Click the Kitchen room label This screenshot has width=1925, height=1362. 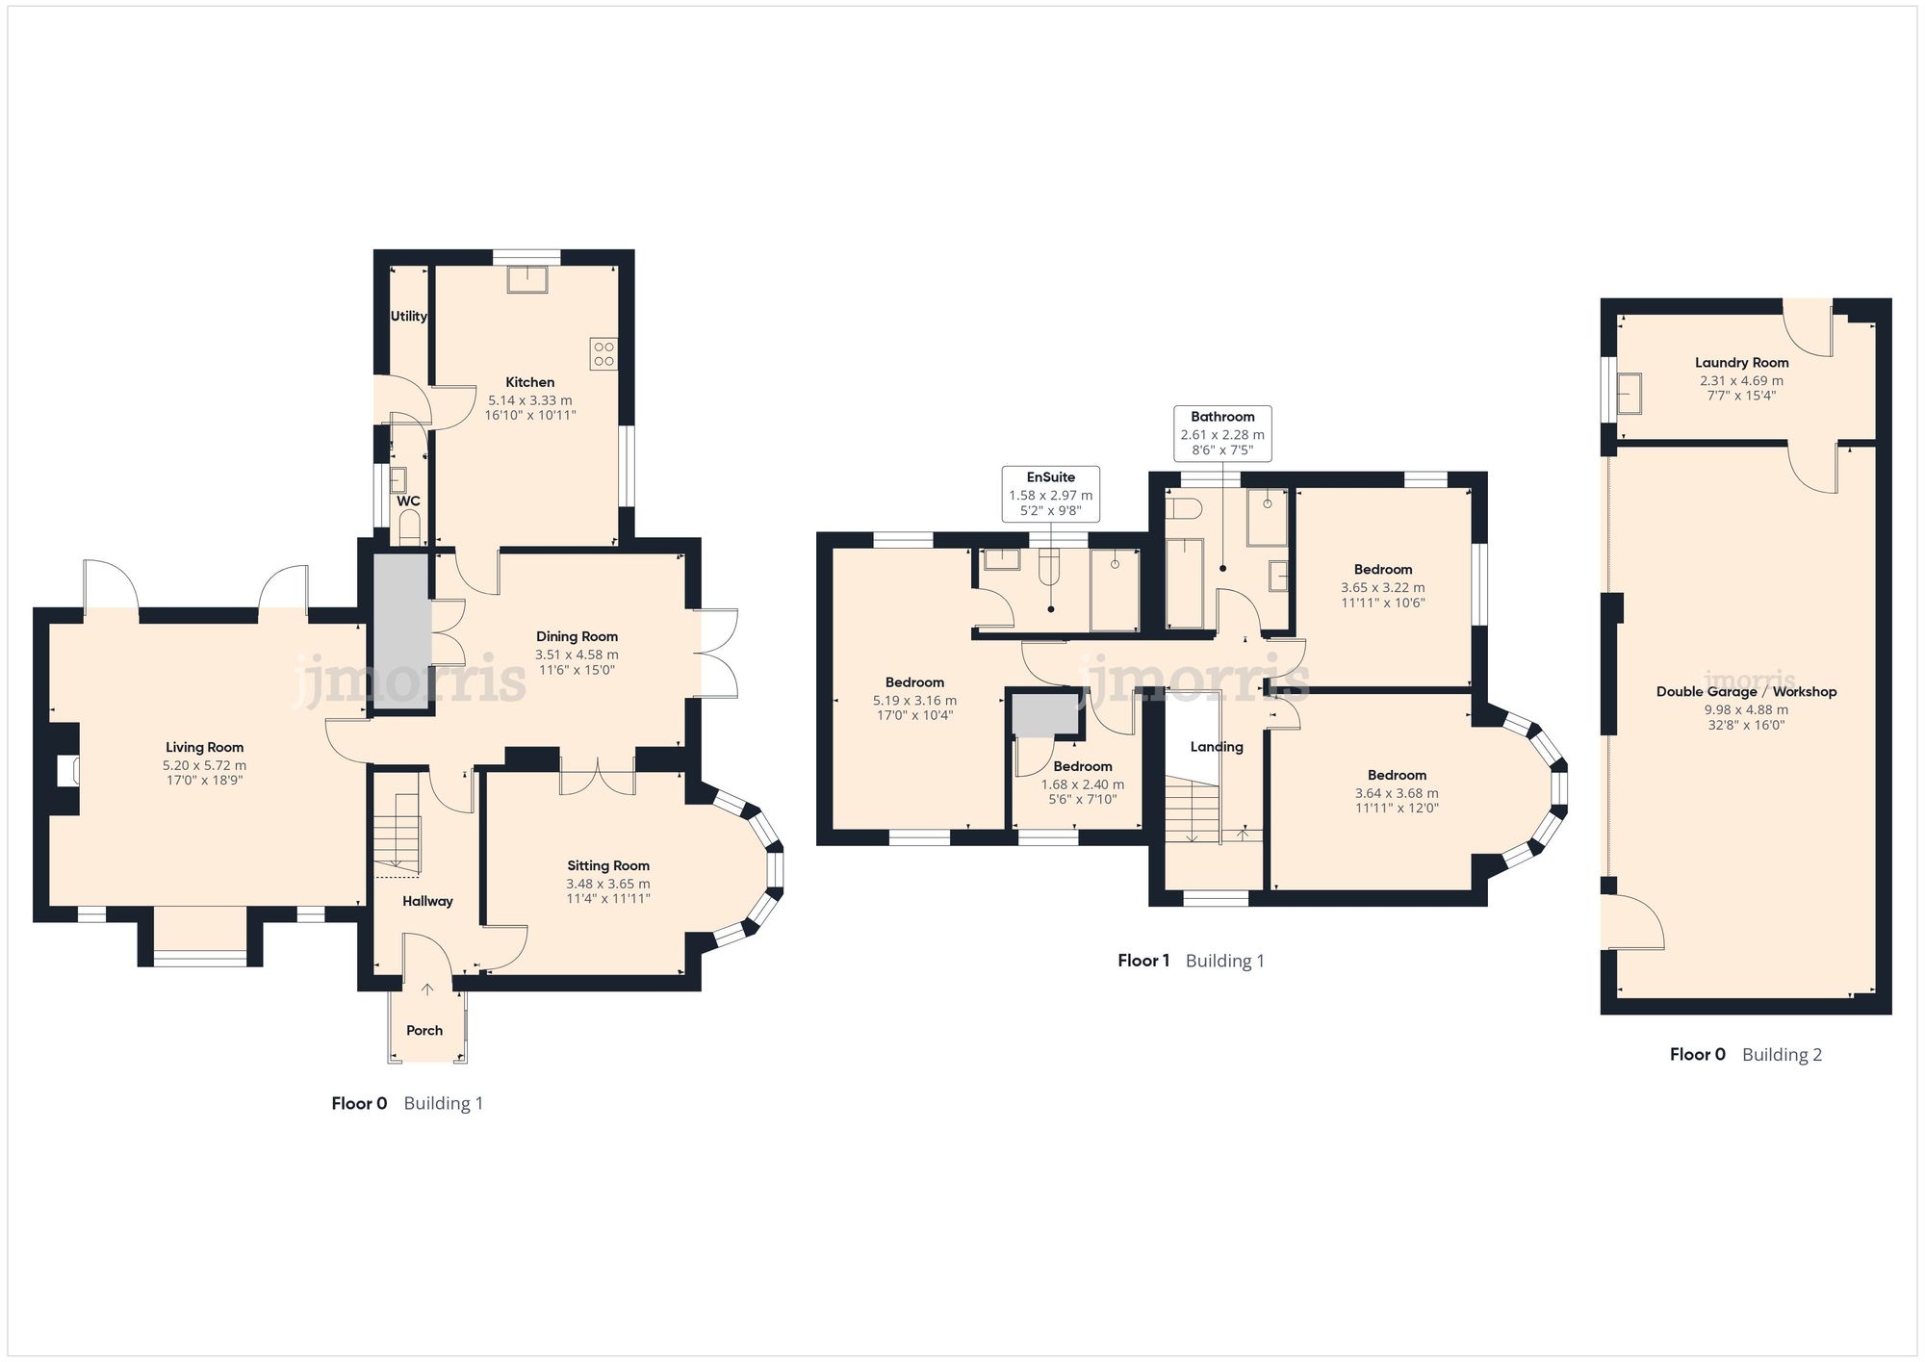point(529,382)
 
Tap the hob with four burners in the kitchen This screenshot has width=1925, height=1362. point(603,353)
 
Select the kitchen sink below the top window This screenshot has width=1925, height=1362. point(526,279)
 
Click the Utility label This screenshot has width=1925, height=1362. point(408,316)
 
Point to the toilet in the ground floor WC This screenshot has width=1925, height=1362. point(409,527)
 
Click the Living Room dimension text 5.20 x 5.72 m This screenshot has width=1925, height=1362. point(204,765)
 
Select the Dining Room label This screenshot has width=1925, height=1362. point(577,636)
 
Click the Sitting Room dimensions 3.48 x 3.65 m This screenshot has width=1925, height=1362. point(607,884)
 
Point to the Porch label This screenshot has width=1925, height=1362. point(424,1030)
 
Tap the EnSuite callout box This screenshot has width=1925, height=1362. point(1050,495)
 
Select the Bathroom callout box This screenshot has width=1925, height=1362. point(1222,434)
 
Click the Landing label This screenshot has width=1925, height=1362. point(1217,747)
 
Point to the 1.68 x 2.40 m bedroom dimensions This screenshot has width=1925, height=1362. point(1082,784)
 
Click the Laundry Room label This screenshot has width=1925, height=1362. point(1741,363)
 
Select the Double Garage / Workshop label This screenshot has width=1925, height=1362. point(1746,691)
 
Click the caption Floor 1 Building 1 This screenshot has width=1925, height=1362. point(1191,961)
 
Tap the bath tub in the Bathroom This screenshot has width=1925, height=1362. point(1184,582)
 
